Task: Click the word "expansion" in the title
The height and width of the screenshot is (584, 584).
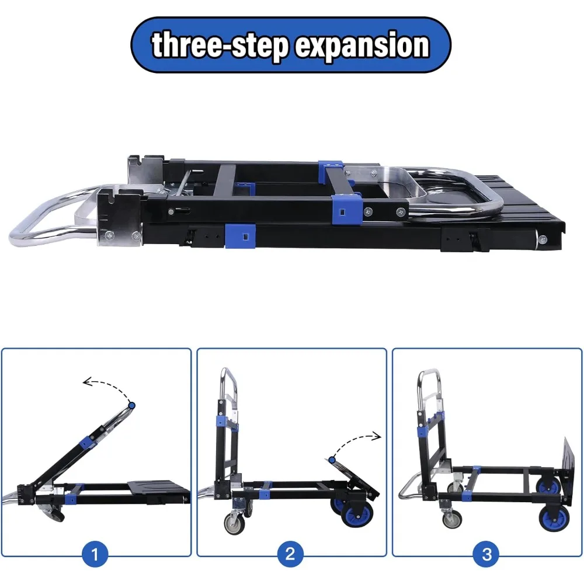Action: [x=362, y=46]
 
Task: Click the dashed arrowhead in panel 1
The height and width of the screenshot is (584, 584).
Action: [x=86, y=383]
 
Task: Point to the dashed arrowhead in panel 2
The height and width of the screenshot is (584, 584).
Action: [x=377, y=435]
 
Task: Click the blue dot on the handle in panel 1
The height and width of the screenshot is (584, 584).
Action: [x=132, y=405]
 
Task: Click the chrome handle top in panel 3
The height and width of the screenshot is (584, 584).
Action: [x=429, y=374]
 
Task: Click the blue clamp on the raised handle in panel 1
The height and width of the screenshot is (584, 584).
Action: [x=92, y=442]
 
